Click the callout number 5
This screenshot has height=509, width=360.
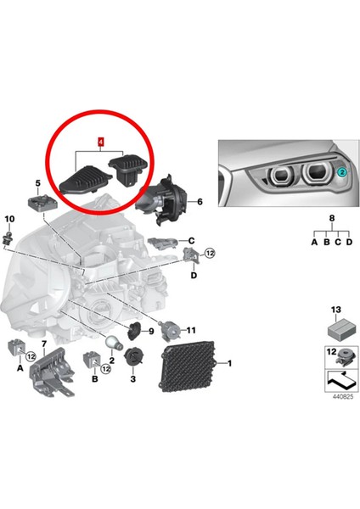click(x=37, y=182)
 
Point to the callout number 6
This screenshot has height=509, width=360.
click(x=200, y=202)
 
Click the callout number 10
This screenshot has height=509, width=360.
click(x=9, y=220)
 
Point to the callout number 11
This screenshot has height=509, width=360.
click(x=191, y=329)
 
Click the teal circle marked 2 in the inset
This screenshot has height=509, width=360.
click(x=341, y=171)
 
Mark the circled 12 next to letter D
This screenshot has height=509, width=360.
click(x=210, y=253)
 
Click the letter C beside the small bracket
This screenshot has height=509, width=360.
click(x=192, y=240)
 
